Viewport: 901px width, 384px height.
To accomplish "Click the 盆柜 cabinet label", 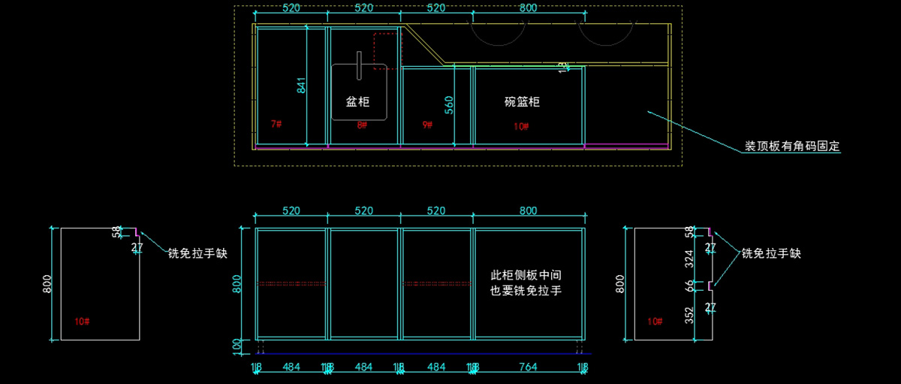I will click(357, 101).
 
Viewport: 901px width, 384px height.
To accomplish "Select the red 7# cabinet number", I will click(276, 122).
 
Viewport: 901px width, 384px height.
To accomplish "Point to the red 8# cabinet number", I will click(362, 125).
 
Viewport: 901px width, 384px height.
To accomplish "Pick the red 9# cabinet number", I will click(427, 124).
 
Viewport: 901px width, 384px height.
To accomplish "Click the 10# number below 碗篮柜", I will click(521, 126).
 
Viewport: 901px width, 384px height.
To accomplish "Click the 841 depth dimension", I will click(302, 85).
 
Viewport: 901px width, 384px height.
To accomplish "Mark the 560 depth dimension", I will click(449, 104).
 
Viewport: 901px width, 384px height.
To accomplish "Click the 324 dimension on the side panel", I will click(691, 260).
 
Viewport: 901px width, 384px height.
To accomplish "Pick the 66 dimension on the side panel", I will click(691, 286).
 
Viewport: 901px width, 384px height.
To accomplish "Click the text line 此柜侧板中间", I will click(526, 275).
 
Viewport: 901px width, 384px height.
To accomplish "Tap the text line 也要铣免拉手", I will click(526, 290).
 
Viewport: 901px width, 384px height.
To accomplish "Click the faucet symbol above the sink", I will click(359, 65).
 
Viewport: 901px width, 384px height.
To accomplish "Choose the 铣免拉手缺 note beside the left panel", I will click(197, 254).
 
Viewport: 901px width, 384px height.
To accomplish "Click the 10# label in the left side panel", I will click(83, 322).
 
